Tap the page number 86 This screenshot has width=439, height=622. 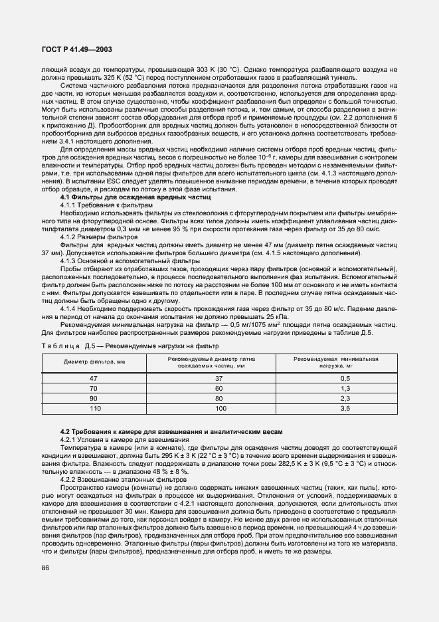[46, 568]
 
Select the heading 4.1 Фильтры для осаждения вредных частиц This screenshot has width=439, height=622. [135, 197]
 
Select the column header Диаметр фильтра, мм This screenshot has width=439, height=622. [94, 362]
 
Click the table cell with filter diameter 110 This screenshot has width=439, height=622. [94, 409]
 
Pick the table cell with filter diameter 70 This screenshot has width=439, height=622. [94, 387]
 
